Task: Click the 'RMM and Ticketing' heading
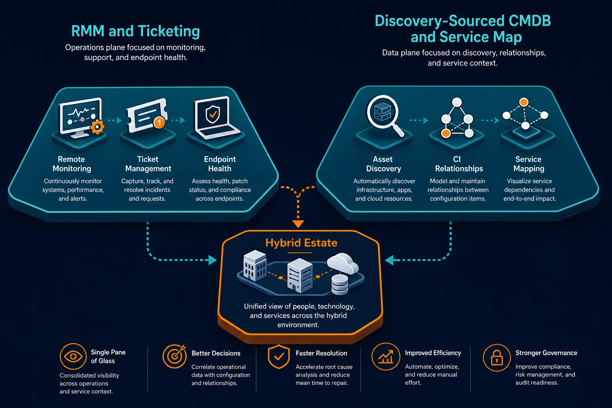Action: pyautogui.click(x=135, y=31)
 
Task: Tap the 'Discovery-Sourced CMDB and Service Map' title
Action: pyautogui.click(x=463, y=29)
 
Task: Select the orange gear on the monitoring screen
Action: pyautogui.click(x=98, y=127)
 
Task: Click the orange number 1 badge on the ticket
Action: pyautogui.click(x=159, y=122)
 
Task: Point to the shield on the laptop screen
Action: pyautogui.click(x=212, y=114)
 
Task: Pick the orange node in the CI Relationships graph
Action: pyautogui.click(x=446, y=133)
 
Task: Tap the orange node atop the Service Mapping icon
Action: pyautogui.click(x=524, y=102)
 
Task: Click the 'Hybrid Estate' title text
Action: pyautogui.click(x=301, y=243)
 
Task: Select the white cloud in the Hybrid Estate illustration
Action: pyautogui.click(x=343, y=263)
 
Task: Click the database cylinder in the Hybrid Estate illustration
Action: pyautogui.click(x=339, y=284)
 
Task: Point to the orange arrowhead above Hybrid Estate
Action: pyautogui.click(x=298, y=224)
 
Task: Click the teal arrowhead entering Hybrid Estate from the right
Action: pyautogui.click(x=390, y=260)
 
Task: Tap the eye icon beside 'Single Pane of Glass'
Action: pyautogui.click(x=73, y=357)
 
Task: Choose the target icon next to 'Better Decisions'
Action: pyautogui.click(x=175, y=356)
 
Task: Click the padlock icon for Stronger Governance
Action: pyautogui.click(x=497, y=357)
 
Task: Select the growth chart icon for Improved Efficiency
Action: pyautogui.click(x=386, y=357)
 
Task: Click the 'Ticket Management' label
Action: pyautogui.click(x=148, y=164)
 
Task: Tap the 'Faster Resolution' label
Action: pyautogui.click(x=321, y=353)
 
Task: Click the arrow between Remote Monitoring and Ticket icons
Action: pyautogui.click(x=115, y=120)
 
